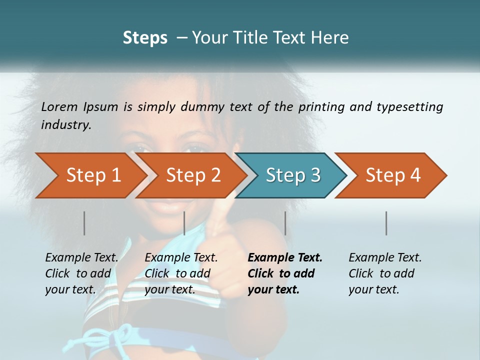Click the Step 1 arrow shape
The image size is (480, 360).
[93, 175]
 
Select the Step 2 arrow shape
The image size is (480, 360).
[193, 175]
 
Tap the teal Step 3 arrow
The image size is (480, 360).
[292, 175]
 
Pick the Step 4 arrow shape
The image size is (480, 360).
[392, 175]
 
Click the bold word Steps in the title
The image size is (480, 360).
[145, 37]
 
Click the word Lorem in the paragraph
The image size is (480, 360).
[59, 106]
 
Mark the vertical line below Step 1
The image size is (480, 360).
[84, 223]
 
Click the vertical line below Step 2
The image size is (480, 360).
[184, 223]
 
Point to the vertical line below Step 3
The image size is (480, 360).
[285, 223]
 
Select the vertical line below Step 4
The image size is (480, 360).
[386, 223]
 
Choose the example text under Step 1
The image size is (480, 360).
[81, 273]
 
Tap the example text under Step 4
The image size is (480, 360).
[385, 273]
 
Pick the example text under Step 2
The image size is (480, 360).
[181, 273]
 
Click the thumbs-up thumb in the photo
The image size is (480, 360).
[218, 212]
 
